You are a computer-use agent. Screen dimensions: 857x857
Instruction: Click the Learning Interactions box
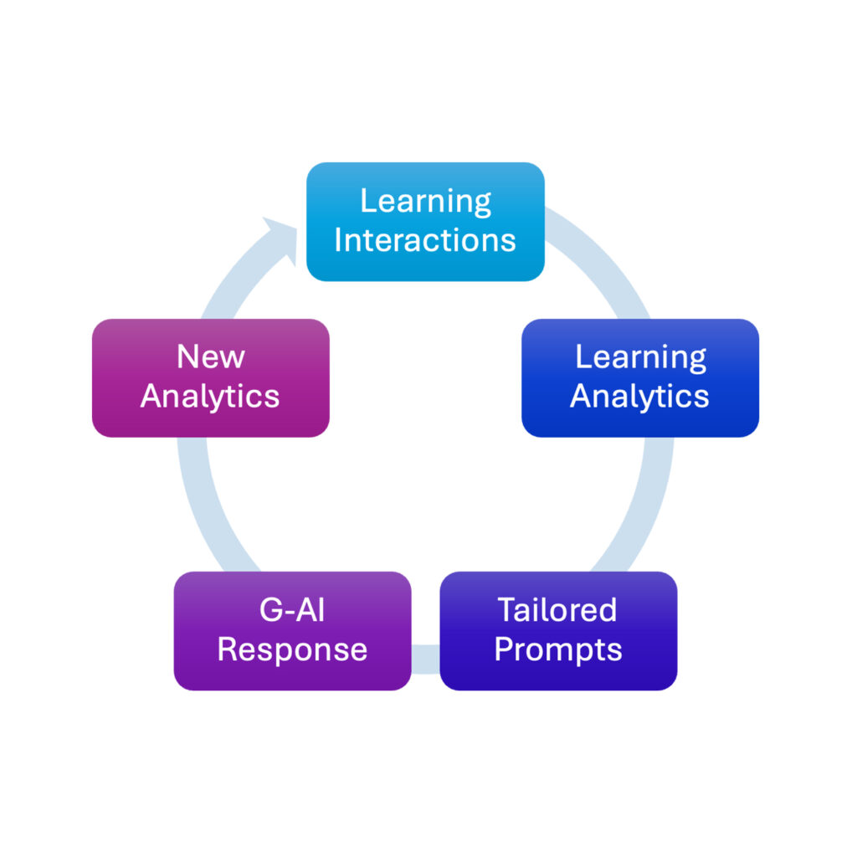coord(425,222)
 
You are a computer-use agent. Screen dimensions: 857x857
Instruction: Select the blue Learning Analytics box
coord(640,377)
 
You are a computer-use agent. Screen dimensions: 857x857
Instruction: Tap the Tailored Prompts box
coord(558,631)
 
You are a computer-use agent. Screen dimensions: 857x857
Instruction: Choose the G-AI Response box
coord(292,631)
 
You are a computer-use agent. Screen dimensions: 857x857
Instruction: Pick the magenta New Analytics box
coord(210,377)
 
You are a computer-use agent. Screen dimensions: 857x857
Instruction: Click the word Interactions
coord(425,240)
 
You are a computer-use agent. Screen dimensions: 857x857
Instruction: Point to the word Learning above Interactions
coord(426,203)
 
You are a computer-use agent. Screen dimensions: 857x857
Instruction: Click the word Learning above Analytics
coord(640,358)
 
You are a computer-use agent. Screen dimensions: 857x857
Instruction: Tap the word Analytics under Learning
coord(639,396)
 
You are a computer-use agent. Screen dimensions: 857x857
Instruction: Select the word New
coord(211,357)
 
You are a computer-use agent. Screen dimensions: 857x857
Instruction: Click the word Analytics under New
coord(210,396)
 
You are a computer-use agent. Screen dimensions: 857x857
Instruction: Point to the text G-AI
coord(292,610)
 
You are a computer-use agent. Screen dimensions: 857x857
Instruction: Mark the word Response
coord(292,650)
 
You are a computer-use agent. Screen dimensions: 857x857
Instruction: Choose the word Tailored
coord(557,610)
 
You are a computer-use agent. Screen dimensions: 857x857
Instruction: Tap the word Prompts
coord(558,650)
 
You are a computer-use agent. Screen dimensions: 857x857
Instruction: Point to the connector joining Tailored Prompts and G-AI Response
coord(426,659)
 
